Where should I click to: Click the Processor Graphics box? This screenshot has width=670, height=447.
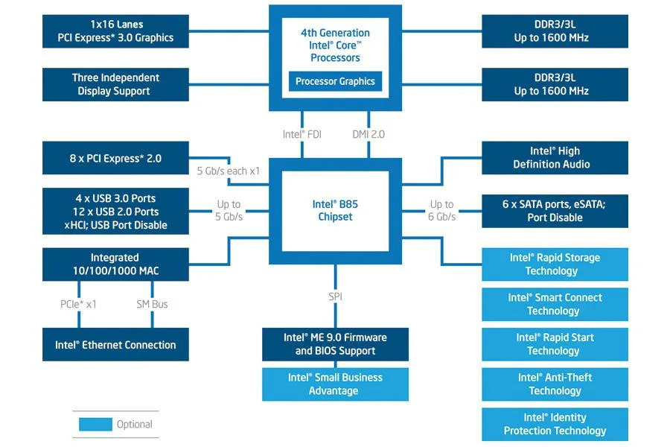335,82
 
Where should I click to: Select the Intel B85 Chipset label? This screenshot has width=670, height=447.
335,210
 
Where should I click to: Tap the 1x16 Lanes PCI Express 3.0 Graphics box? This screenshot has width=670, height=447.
115,31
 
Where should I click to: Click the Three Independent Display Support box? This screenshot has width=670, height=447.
115,84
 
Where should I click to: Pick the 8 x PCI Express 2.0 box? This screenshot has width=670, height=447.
115,158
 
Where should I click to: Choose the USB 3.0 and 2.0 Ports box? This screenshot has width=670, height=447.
115,212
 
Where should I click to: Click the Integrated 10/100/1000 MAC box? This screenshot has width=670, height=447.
115,264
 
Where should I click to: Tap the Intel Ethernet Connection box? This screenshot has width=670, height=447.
115,345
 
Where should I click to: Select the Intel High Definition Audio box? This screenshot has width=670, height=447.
555,158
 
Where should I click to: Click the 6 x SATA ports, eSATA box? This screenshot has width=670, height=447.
555,211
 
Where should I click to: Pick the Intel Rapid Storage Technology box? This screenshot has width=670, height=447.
555,264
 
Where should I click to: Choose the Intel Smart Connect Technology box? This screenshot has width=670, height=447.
555,304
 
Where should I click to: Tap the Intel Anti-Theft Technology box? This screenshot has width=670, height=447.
555,384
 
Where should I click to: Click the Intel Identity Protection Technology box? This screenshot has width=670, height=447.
555,424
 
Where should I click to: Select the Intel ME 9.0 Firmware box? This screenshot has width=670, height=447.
335,344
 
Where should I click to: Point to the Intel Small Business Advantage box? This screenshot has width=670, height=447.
335,384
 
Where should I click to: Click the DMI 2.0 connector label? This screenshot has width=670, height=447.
368,135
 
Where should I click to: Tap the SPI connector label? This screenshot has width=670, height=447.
335,297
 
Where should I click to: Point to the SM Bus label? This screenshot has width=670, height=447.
152,304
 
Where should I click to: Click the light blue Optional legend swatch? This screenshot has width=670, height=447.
95,425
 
